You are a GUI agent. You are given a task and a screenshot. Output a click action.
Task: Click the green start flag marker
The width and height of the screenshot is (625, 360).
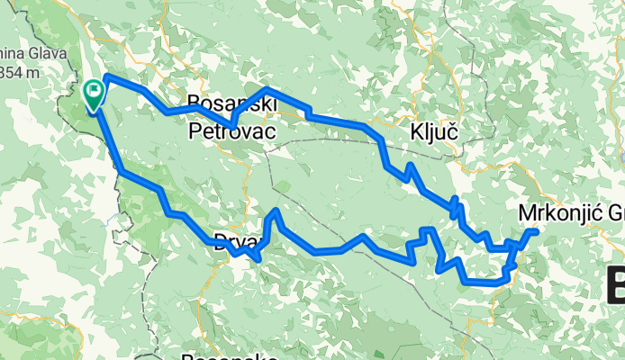click(93, 94)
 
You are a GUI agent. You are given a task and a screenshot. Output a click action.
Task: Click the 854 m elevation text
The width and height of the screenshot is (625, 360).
click(16, 71)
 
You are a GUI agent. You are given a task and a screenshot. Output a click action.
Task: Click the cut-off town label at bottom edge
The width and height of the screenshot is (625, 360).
click(226, 355)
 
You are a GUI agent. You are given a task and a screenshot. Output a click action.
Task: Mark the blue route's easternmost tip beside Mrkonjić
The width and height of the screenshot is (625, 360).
click(536, 232)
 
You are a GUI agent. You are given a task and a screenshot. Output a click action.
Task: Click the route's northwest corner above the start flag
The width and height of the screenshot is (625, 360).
click(107, 76)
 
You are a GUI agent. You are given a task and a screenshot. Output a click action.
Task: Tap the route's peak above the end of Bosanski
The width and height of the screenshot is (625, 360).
click(267, 89)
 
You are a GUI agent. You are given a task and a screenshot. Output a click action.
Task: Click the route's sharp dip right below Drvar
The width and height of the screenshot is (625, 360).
click(258, 259)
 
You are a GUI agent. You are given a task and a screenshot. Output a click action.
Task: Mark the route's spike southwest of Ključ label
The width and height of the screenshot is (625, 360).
click(409, 166)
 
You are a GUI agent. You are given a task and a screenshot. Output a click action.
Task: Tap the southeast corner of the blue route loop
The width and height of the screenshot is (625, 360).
click(497, 284)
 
